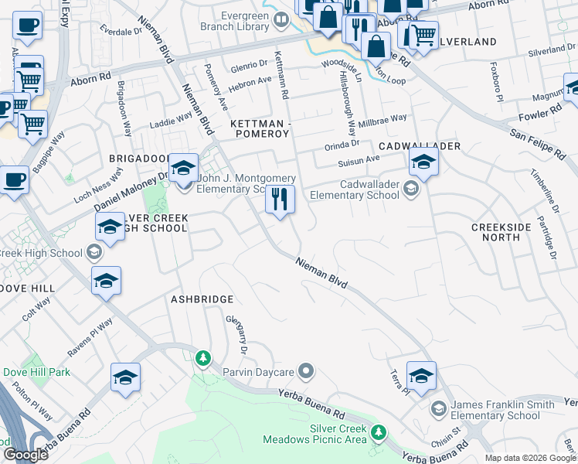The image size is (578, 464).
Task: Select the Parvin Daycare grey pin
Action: point(306,372)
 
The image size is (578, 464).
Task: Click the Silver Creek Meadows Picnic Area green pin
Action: point(378,432)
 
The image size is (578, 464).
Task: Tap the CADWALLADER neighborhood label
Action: point(420,146)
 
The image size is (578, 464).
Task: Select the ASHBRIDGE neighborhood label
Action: point(202,299)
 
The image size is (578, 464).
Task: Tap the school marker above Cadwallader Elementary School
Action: point(423,162)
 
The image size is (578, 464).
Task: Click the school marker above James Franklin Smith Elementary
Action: point(421,376)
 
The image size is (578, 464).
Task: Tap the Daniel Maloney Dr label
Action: point(131,193)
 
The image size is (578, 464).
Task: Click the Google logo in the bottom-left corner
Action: point(25,455)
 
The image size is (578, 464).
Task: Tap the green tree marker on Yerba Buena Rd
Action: point(202,358)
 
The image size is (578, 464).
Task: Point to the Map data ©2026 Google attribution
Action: point(530,458)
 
